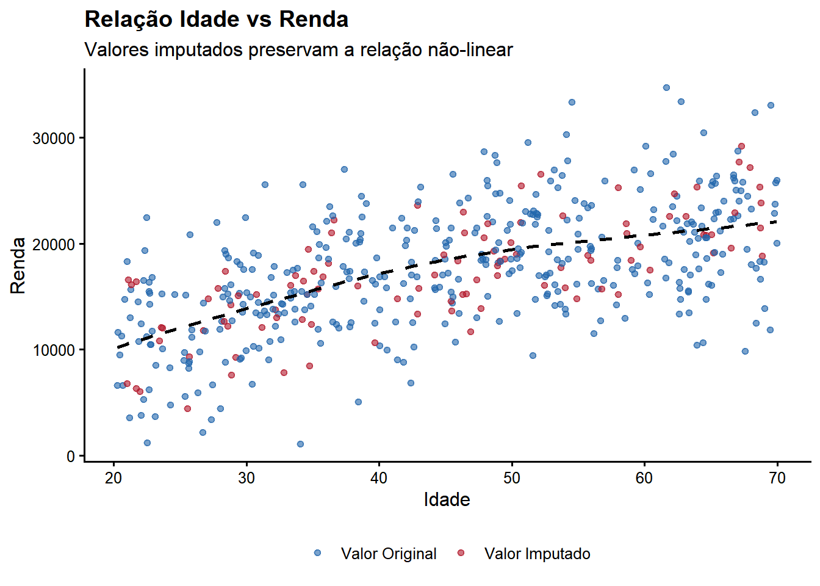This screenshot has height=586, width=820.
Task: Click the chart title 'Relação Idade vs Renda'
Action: tap(217, 20)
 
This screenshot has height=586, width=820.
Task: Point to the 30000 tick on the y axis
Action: tap(54, 139)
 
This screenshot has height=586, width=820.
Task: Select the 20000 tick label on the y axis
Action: tap(54, 244)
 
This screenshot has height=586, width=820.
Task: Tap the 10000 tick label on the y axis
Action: tap(54, 350)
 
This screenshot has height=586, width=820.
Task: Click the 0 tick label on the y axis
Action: tap(71, 456)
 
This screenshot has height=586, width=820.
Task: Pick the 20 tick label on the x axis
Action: tap(113, 478)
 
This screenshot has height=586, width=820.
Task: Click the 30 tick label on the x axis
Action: tap(246, 478)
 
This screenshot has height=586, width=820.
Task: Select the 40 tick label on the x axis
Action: tap(379, 478)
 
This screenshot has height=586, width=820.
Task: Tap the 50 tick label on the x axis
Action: tap(512, 478)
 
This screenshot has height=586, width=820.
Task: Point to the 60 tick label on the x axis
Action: tap(644, 478)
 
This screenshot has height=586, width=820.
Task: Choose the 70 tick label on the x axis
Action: tap(777, 478)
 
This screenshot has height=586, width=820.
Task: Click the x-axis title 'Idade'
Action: tap(447, 500)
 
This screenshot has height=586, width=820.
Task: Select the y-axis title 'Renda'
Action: tap(18, 266)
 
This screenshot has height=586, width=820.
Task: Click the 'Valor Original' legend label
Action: tap(389, 554)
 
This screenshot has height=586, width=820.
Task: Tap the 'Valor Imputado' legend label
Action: tap(537, 554)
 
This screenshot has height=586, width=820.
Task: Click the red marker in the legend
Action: tap(461, 553)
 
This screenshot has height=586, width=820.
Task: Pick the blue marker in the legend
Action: tap(317, 553)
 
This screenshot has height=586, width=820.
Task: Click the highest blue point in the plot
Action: tap(666, 88)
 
